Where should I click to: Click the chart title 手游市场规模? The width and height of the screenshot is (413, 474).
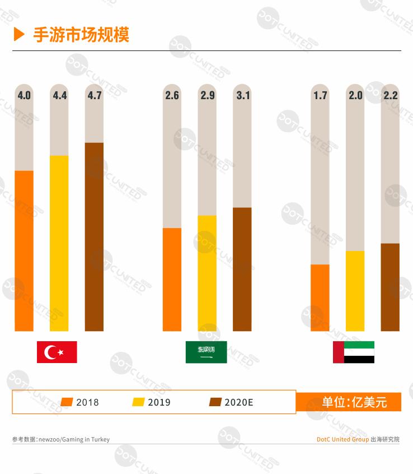81,35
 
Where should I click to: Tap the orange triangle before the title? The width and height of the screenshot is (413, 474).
19,35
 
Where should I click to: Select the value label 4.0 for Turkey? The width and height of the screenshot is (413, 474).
24,95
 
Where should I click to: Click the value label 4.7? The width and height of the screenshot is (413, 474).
95,95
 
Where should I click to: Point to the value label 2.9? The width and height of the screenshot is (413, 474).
207,95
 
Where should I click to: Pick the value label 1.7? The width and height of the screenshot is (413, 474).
320,95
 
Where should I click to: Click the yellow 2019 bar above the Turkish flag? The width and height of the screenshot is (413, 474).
59,243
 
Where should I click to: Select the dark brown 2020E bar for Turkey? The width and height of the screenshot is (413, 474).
95,236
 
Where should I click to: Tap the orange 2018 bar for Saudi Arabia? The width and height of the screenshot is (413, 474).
172,279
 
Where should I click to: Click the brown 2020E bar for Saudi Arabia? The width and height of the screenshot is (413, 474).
242,269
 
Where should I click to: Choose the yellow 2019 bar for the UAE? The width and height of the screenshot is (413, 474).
355,291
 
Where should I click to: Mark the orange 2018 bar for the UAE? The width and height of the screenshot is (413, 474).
320,298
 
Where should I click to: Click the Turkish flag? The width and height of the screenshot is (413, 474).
57,352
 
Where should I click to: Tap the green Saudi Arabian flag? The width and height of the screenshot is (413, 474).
206,352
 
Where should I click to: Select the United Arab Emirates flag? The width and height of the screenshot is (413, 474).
354,352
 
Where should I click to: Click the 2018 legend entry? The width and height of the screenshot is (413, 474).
80,402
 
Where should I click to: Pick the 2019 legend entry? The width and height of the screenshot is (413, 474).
152,402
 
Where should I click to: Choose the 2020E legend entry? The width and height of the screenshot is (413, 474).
231,402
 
